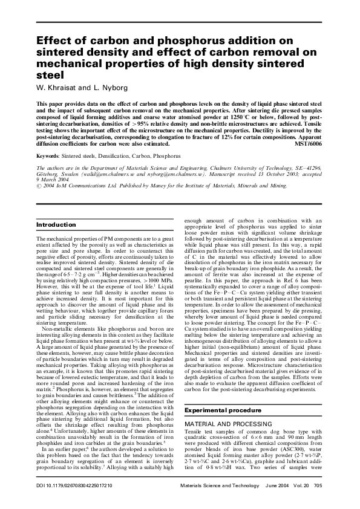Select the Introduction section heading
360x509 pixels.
(57, 225)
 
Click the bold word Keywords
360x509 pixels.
(51, 156)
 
